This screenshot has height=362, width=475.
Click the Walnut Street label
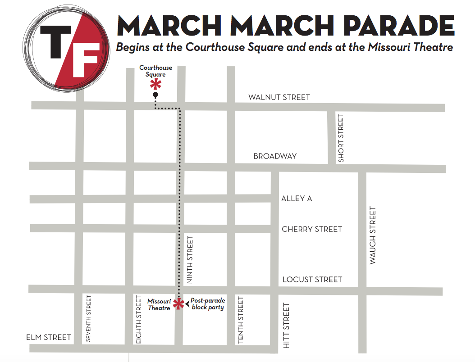coord(279,97)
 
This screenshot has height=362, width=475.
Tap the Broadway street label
coord(275,156)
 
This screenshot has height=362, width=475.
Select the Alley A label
coord(297,199)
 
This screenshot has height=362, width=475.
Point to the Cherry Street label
coord(312,229)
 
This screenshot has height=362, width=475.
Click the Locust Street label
coord(312,280)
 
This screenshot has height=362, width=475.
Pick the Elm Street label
coord(49,337)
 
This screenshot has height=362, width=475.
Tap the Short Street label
coord(341,138)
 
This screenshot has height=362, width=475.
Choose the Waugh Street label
coord(373,235)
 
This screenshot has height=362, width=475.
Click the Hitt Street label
coord(287,326)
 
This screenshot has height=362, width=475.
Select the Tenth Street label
coord(241,320)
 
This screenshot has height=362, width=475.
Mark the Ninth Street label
coord(190,260)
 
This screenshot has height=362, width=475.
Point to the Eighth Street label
coord(139,320)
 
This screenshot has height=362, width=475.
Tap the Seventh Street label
coord(88,318)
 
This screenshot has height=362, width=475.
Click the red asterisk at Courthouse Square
coord(156,84)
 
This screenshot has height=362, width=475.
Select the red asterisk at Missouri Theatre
coord(178,304)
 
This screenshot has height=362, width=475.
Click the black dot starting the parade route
coord(155,95)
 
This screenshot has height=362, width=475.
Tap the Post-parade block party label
coord(207,304)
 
